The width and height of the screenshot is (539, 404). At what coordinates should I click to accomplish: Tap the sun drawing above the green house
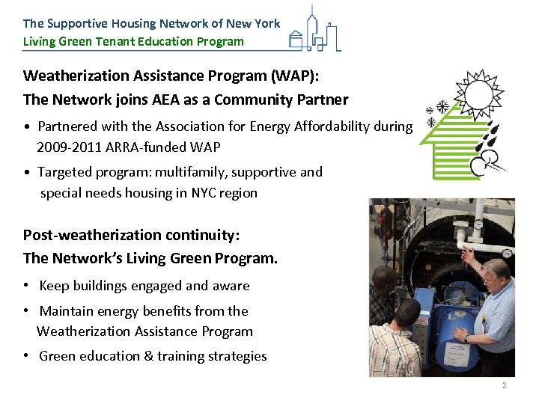(478, 93)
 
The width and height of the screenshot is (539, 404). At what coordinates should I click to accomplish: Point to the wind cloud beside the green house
(491, 159)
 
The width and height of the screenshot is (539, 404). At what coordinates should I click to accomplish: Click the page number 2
(504, 385)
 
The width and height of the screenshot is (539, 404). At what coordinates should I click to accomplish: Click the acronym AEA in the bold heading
(154, 100)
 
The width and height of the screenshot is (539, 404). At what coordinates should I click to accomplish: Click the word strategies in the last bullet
(233, 356)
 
